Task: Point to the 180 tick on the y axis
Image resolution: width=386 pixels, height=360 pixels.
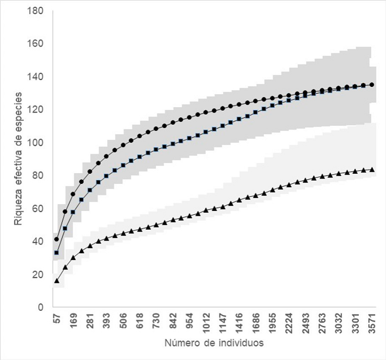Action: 38,11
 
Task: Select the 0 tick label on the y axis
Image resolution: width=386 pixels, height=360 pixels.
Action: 41,307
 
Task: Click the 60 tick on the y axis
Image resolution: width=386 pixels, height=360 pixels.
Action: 38,208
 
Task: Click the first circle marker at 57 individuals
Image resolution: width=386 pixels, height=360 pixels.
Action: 56,239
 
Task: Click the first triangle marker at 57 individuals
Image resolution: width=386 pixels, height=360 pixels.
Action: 56,280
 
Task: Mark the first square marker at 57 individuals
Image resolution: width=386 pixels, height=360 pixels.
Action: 56,252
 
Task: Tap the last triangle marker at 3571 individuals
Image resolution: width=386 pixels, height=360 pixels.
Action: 372,169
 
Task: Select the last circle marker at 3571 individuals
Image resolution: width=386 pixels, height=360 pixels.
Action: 372,84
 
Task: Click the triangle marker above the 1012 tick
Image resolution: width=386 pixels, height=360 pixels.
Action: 206,210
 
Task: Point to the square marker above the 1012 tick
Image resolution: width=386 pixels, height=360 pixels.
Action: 206,132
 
